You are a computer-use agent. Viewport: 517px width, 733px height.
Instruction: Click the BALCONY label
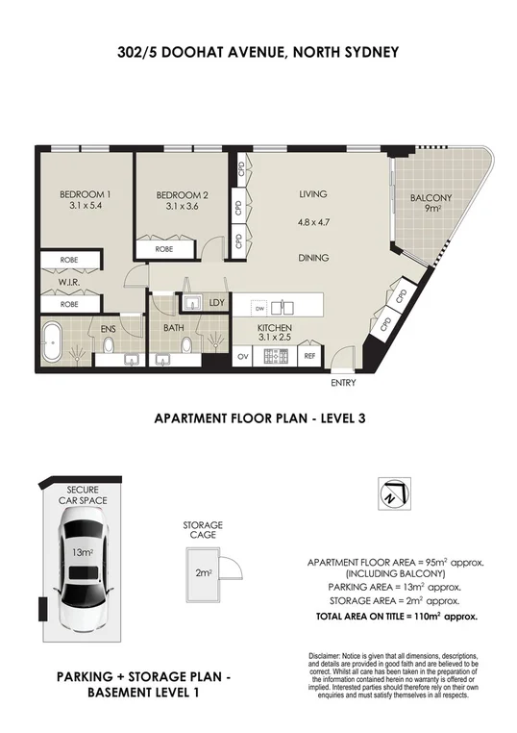point(431,198)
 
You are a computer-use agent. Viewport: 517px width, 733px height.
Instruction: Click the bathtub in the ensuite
point(58,341)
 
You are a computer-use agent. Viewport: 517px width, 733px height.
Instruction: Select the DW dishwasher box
point(258,309)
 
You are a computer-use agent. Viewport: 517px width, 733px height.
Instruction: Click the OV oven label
point(244,356)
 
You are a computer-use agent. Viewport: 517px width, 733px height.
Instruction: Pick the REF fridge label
point(309,356)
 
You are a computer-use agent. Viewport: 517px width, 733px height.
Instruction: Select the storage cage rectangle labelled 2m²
point(203,572)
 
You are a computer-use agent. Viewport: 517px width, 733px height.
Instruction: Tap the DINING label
point(313,258)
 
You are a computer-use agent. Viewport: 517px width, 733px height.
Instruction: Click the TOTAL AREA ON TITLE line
point(397,614)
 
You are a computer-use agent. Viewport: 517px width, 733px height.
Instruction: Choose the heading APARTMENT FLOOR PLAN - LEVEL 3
point(257,418)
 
